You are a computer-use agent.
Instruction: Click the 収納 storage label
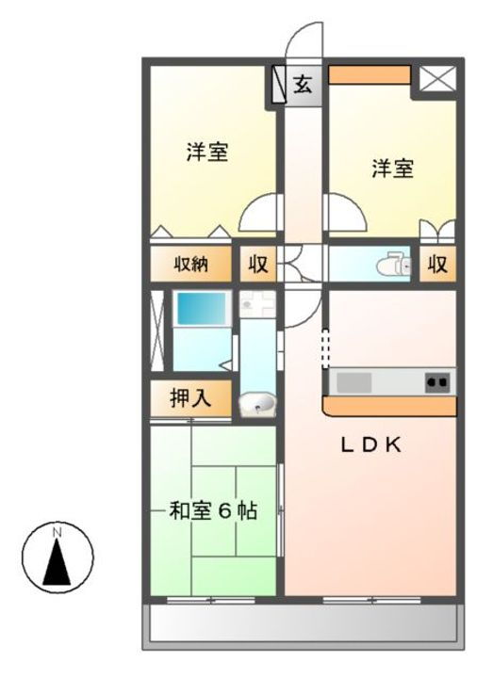click(x=189, y=265)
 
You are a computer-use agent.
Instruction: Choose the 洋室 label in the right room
click(x=391, y=169)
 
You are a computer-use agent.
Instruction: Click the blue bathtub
click(x=201, y=309)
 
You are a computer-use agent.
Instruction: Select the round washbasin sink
click(x=256, y=404)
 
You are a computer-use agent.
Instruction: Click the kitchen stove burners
click(x=436, y=382)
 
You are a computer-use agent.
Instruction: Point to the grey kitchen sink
click(x=355, y=382)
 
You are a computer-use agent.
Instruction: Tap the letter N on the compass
click(x=57, y=534)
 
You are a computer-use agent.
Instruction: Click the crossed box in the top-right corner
click(x=436, y=79)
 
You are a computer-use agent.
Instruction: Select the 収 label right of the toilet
click(x=437, y=265)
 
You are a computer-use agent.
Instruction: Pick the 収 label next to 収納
click(x=257, y=265)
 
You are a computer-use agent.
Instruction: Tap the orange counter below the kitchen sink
click(x=389, y=406)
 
